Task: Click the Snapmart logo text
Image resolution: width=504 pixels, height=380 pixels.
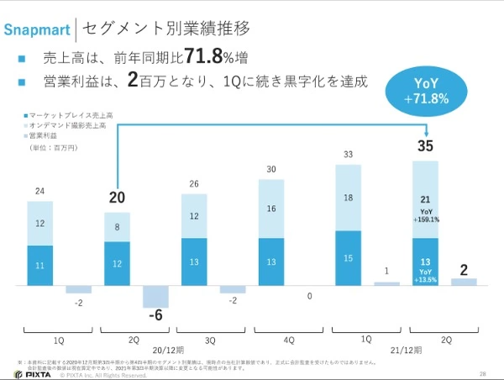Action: (x=37, y=30)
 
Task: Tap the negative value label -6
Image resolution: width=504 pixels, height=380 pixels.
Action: (x=155, y=317)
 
